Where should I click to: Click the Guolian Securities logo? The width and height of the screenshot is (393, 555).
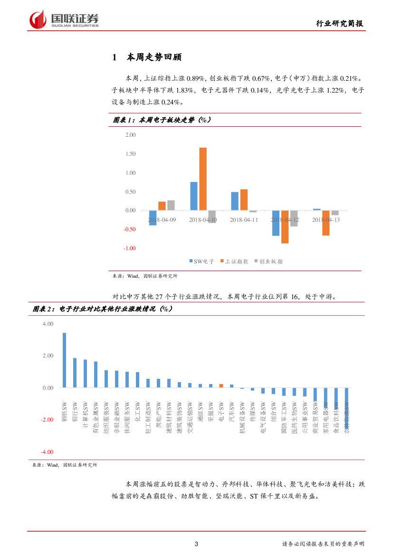64,19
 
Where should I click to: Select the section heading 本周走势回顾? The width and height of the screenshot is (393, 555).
153,57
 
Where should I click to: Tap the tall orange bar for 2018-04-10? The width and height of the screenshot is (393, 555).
203,179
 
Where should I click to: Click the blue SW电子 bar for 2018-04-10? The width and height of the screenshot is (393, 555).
194,196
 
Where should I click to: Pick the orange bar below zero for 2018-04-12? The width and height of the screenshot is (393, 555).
285,227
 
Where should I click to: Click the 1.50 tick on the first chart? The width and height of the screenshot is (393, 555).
130,154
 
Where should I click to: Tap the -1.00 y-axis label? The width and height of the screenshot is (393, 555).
129,248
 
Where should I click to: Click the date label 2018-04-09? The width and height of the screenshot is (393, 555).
162,220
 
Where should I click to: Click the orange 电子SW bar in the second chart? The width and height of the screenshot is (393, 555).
221,386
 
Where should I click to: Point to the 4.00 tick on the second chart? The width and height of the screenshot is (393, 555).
48,324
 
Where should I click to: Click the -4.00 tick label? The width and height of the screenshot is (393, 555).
47,452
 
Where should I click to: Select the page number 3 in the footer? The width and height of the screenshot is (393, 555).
197,544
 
